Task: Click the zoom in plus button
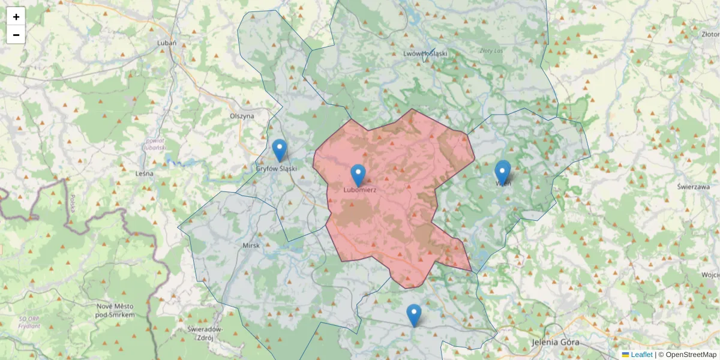point(16,17)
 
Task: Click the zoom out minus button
point(16,35)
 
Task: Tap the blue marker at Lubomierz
point(358,175)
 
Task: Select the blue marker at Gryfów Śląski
point(280,150)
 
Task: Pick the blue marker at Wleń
point(503,172)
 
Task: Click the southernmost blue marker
point(414,315)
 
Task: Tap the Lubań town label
point(166,43)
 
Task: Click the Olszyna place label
point(242,116)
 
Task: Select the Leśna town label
point(145,173)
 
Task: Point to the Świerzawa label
point(694,187)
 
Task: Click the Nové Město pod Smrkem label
point(116,310)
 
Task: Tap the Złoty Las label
point(491,51)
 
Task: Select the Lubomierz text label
point(360,190)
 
